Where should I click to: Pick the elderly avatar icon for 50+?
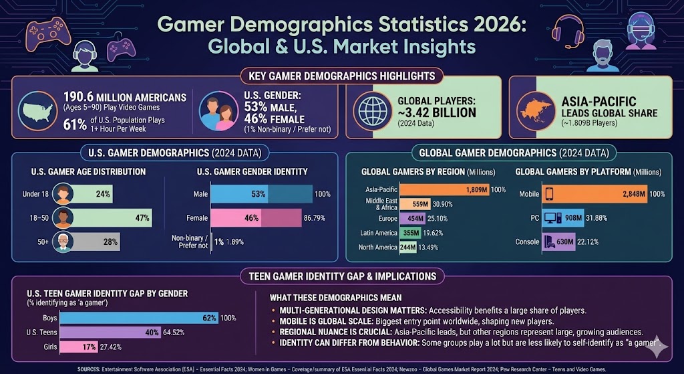tap(63, 242)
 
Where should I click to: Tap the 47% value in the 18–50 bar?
tap(142, 218)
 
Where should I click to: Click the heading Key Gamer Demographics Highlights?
tap(341, 76)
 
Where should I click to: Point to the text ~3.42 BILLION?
tap(438, 111)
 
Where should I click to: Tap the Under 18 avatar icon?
tap(63, 194)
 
